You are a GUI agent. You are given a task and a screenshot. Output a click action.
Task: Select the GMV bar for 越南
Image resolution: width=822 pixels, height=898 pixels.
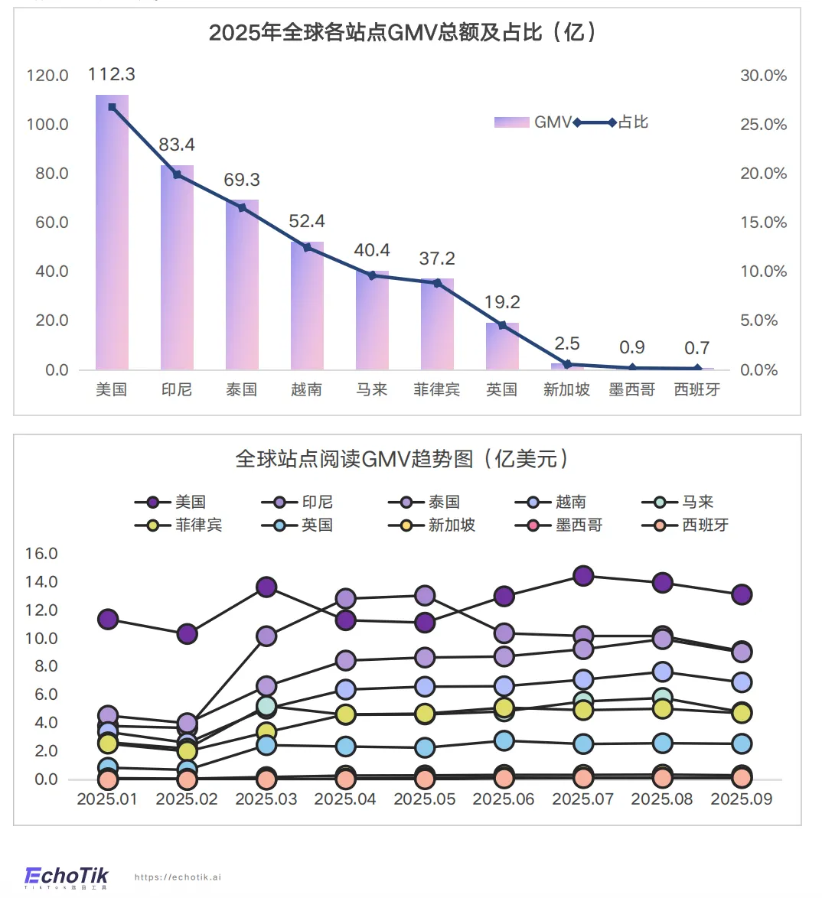[x=307, y=306]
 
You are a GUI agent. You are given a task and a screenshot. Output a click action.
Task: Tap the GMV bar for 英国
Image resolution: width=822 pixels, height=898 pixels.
[x=502, y=347]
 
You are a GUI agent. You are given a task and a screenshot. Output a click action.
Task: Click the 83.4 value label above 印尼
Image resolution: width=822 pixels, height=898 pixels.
[x=177, y=145]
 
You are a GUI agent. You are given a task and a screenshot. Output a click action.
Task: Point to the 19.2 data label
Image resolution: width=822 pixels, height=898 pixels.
[x=502, y=302]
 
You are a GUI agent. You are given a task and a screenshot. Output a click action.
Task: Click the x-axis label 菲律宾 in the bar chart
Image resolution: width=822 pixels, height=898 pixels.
[x=437, y=390]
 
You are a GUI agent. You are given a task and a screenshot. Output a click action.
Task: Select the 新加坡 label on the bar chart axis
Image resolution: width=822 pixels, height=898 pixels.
[x=566, y=390]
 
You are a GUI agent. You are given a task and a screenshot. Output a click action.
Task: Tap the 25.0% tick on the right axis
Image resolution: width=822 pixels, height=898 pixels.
[x=763, y=125]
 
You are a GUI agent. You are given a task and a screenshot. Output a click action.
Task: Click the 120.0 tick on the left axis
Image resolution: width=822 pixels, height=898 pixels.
[x=47, y=76]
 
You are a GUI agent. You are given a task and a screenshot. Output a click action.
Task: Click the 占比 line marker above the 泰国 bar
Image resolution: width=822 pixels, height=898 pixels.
[x=242, y=207]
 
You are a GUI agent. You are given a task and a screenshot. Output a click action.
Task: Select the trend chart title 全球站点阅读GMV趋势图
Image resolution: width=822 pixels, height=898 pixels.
[x=403, y=459]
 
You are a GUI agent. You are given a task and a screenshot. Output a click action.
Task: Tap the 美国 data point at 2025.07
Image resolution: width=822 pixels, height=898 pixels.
[x=583, y=576]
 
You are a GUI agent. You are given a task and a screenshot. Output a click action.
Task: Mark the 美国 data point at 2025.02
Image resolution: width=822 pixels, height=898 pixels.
[x=187, y=634]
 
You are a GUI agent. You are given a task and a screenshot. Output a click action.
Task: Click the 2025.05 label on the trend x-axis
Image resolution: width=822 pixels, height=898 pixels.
[x=425, y=799]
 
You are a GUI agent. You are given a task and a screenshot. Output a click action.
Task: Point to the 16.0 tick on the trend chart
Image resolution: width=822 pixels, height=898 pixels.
[x=41, y=554]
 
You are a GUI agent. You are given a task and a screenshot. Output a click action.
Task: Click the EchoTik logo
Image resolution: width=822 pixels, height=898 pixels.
[x=67, y=877]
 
